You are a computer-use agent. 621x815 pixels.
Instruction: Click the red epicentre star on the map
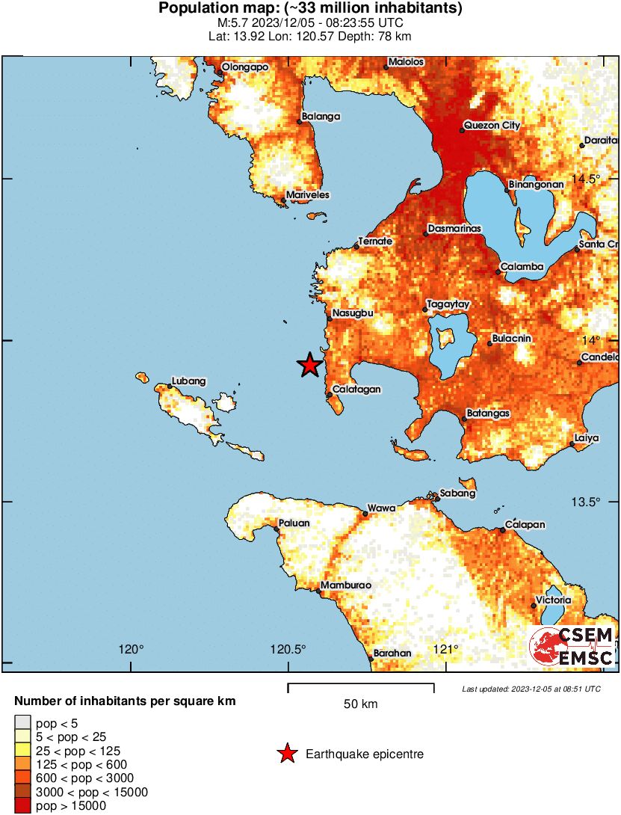tap(309, 365)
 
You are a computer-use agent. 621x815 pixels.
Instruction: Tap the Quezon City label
tap(492, 126)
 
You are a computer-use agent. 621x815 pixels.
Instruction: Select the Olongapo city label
tap(246, 67)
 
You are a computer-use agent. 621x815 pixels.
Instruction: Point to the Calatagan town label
tap(356, 389)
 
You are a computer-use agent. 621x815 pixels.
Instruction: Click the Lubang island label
tap(188, 381)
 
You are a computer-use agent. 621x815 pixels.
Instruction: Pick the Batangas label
tap(488, 413)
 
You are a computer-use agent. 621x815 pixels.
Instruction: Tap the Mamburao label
tap(345, 585)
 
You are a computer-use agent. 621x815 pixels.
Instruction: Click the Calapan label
tap(524, 524)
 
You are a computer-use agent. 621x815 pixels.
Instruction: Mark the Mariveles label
tap(309, 194)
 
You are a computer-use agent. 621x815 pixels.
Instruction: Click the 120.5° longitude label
tap(288, 648)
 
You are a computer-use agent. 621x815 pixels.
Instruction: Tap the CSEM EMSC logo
tap(572, 647)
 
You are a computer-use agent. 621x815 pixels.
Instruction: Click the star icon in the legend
tap(287, 754)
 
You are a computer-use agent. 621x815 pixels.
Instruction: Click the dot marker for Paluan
tap(276, 529)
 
